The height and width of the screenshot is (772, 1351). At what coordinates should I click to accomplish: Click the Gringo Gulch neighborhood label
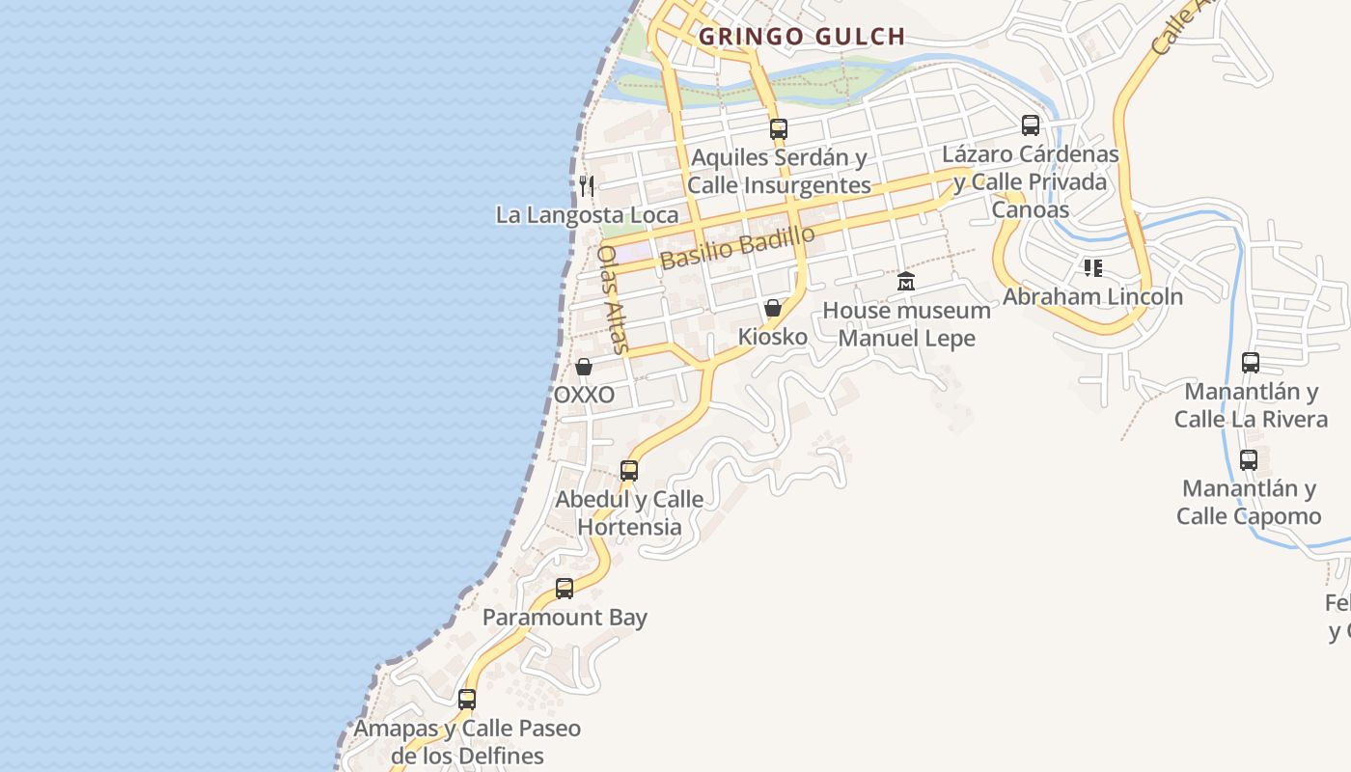coord(802,37)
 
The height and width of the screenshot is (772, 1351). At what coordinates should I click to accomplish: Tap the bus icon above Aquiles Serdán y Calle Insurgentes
coord(779,127)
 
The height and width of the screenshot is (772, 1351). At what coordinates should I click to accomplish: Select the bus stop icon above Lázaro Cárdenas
coord(1031,124)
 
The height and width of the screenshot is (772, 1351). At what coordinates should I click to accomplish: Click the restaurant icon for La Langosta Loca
coord(586,185)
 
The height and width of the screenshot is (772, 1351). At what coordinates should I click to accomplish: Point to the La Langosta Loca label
coord(587,214)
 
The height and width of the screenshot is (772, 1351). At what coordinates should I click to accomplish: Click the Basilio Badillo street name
coord(737,247)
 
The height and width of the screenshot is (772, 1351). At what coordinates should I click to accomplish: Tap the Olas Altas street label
coord(613,299)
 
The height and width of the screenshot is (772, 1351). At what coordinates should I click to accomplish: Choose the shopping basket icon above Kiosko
coord(773,308)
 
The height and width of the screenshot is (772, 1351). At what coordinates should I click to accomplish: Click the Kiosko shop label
coord(773,337)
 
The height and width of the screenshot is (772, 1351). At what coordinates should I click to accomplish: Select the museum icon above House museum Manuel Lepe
coord(906,281)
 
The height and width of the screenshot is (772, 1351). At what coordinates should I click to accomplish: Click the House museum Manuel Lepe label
coord(906,324)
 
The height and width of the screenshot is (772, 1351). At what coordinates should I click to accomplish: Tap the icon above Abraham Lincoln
coord(1092,267)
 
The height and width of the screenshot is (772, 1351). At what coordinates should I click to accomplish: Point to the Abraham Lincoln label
coord(1092,296)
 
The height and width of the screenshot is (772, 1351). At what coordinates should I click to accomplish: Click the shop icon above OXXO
coord(584,367)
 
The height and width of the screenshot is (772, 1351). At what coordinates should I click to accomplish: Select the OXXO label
coord(584,395)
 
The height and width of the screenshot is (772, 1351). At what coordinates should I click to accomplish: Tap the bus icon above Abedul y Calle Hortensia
coord(629,470)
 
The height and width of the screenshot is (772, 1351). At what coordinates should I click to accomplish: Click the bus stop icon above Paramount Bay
coord(565,588)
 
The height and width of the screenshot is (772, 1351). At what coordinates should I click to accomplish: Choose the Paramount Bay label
coord(565,618)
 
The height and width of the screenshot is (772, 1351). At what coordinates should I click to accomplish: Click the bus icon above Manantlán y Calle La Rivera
coord(1251,363)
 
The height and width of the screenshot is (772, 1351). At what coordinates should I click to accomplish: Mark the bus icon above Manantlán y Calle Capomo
coord(1249,459)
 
